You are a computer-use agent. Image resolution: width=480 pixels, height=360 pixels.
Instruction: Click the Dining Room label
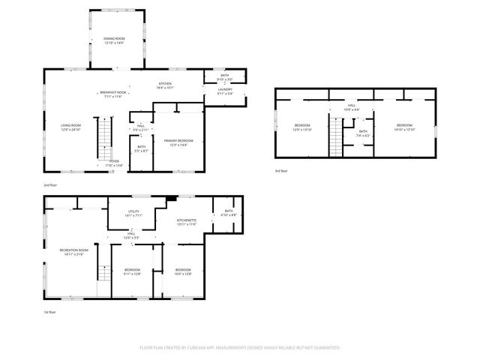pos(114,40)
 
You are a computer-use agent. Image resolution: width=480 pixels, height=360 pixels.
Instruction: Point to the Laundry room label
pos(226,91)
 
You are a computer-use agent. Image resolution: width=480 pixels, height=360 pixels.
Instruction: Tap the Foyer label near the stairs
pos(114,163)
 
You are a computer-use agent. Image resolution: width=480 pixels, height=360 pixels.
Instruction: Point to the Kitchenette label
pos(186,222)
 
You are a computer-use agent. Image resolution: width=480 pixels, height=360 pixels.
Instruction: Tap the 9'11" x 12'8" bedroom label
pos(132,271)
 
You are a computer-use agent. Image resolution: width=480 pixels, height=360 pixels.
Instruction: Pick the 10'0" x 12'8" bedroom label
pos(184,271)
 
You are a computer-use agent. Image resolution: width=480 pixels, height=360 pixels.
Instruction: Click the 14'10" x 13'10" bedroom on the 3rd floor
pos(403,127)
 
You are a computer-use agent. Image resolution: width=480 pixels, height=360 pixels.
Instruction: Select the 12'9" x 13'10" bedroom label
pos(302,127)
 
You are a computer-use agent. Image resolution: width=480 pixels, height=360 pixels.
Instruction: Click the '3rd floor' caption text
pos(282,171)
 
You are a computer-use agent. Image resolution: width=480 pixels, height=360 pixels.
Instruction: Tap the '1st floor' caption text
pos(50,311)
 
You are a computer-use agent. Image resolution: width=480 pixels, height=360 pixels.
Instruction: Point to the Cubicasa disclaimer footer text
pos(240,348)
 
